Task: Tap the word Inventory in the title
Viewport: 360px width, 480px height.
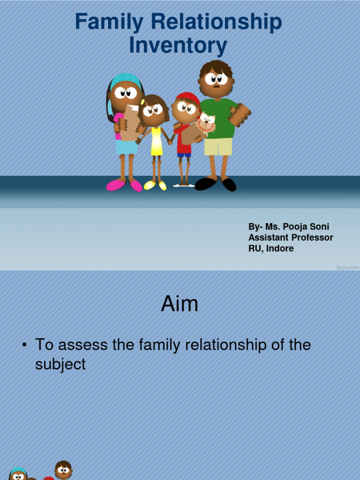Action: pos(178,46)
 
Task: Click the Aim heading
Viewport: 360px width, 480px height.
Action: pos(180,304)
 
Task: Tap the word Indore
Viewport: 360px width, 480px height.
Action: pos(280,248)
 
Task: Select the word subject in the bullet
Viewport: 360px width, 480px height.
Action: pos(60,364)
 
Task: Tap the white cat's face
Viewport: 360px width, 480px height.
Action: pos(206,123)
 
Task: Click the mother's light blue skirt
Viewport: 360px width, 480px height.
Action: pos(127,147)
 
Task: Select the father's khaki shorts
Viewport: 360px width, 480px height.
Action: pos(218,146)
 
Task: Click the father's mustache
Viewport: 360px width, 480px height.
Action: pos(216,87)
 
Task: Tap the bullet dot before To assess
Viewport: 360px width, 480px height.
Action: pos(24,345)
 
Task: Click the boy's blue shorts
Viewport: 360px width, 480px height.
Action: pos(184,155)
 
